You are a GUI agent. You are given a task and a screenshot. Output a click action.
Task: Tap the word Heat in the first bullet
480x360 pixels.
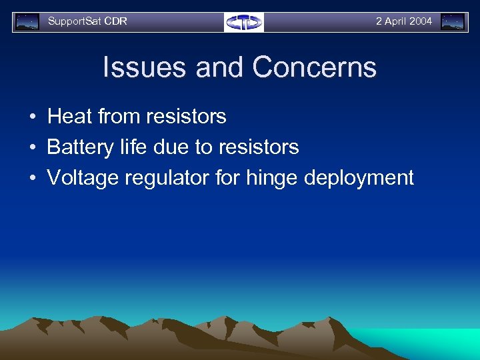tap(69, 117)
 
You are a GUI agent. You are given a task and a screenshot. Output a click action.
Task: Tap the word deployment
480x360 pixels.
tap(359, 178)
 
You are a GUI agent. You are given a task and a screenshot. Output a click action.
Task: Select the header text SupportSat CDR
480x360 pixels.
tap(87, 21)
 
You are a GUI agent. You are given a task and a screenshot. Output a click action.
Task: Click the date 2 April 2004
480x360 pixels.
tap(403, 21)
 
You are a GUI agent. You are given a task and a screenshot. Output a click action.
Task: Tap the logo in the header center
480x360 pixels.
tap(244, 22)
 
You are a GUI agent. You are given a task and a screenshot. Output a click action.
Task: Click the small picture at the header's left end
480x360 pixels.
tap(27, 22)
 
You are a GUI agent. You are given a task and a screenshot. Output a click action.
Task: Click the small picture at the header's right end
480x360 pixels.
tap(453, 22)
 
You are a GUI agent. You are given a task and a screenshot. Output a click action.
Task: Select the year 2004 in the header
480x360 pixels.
tap(421, 21)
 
